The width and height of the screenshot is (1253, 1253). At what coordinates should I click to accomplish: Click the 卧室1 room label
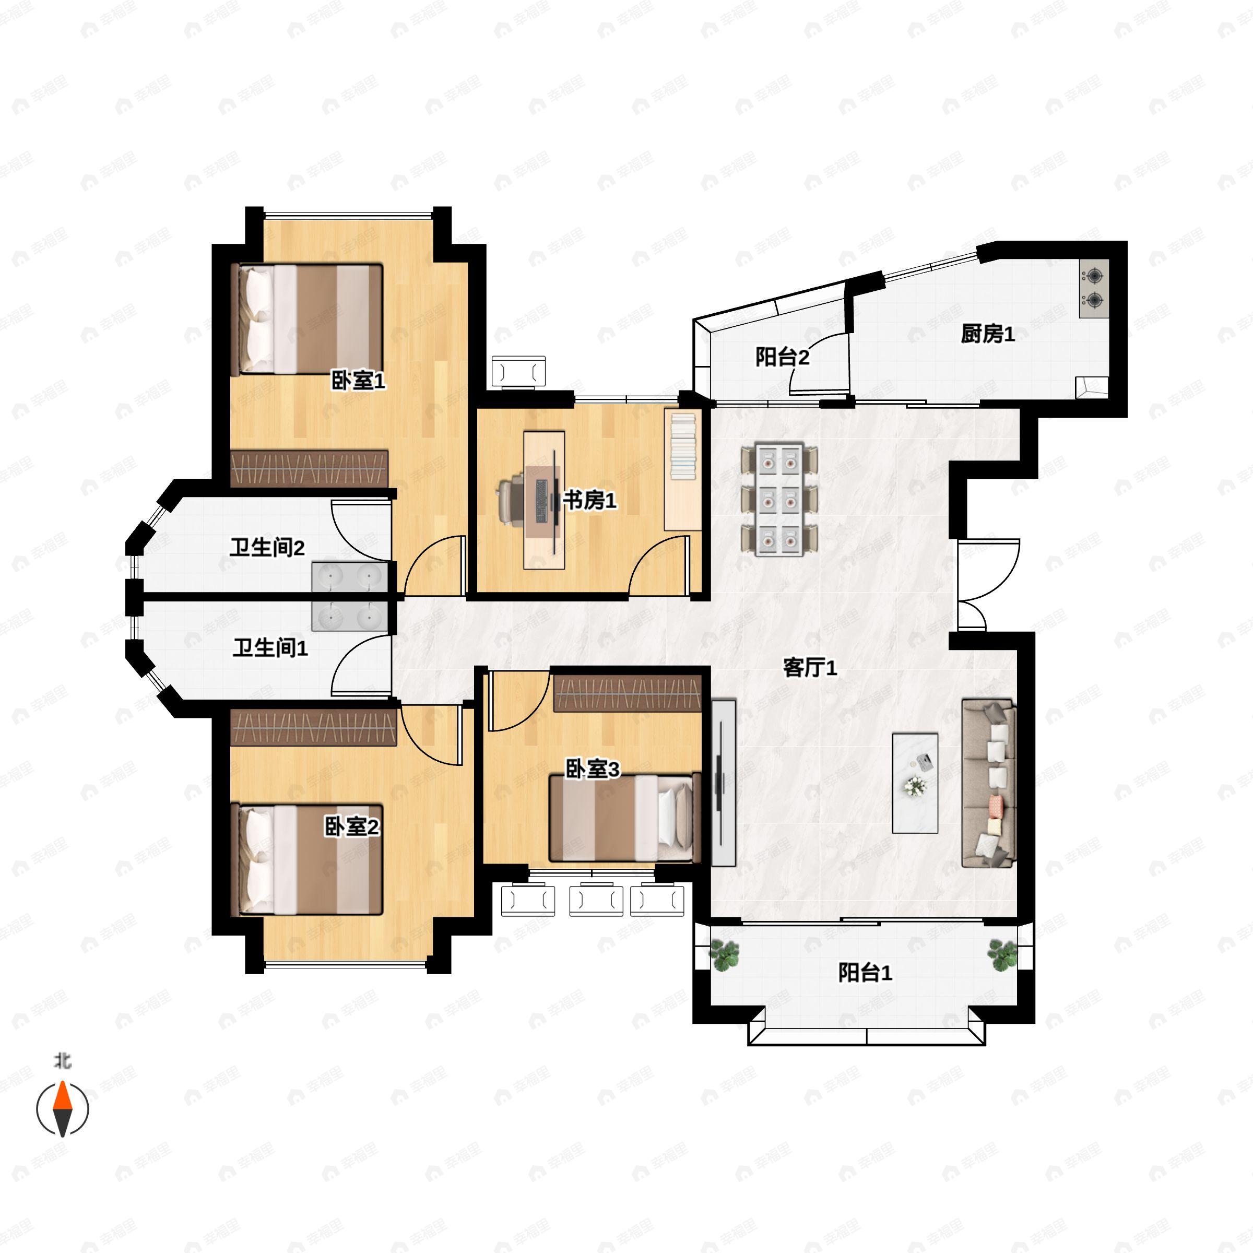[358, 381]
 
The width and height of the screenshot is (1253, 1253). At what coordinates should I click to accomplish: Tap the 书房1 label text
[589, 500]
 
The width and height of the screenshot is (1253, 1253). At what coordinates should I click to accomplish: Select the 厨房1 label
[987, 335]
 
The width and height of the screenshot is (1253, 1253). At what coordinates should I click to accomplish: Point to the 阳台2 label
[782, 357]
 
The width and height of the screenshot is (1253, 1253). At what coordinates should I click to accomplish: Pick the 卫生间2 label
[267, 548]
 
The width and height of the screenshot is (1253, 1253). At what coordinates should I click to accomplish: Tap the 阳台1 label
[865, 973]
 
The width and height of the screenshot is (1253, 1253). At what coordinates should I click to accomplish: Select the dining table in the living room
[779, 499]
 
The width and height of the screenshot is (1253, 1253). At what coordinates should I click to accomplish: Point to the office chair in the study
[512, 500]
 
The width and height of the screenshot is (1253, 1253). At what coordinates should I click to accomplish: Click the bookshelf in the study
[682, 470]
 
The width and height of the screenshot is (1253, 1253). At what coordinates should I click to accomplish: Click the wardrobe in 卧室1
[310, 468]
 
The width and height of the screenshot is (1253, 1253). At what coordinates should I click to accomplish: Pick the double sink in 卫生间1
[350, 616]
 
